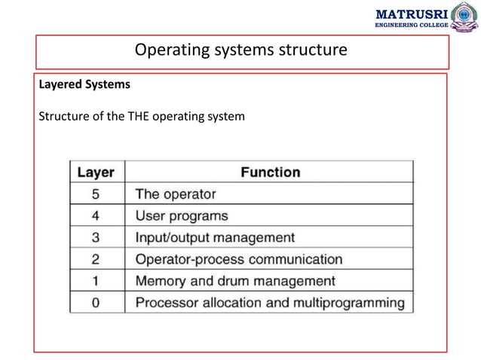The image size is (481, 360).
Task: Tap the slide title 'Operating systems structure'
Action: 240,50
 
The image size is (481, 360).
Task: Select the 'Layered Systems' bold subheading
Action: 84,84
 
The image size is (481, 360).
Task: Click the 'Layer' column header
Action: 96,172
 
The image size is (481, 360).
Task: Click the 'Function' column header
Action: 270,172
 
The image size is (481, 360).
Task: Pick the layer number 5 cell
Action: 96,194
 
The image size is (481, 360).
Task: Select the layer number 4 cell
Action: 96,215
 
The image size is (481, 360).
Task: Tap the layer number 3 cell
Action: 96,237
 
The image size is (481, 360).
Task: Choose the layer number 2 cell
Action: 96,259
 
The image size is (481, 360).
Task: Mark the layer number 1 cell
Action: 96,281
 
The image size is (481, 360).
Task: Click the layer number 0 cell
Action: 96,303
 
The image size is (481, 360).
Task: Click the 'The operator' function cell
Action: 175,194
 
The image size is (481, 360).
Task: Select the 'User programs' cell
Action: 181,215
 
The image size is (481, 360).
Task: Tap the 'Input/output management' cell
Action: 215,237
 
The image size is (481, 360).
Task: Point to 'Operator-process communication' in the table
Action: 238,259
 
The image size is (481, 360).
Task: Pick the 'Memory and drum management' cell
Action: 235,281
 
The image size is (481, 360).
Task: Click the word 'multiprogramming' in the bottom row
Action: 351,303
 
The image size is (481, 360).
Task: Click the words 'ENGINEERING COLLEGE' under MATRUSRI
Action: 411,25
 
